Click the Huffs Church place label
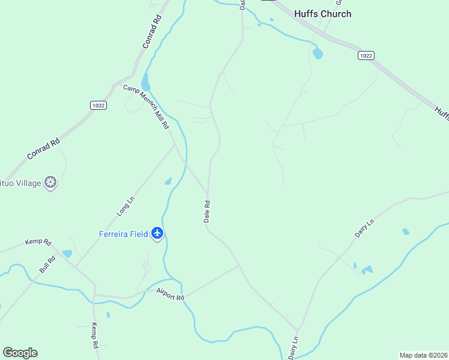pyautogui.click(x=322, y=14)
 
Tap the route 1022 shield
pyautogui.click(x=366, y=55)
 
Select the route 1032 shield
pyautogui.click(x=98, y=105)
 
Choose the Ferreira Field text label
pyautogui.click(x=123, y=234)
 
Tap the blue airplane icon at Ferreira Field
pyautogui.click(x=157, y=232)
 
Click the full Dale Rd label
pyautogui.click(x=207, y=212)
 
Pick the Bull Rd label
pyautogui.click(x=47, y=265)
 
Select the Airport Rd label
pyautogui.click(x=170, y=294)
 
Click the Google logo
pyautogui.click(x=20, y=353)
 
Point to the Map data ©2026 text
pyautogui.click(x=423, y=355)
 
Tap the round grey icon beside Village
pyautogui.click(x=51, y=182)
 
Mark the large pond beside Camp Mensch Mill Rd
pyautogui.click(x=145, y=82)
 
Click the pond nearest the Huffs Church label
pyautogui.click(x=318, y=53)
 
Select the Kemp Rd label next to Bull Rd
pyautogui.click(x=38, y=242)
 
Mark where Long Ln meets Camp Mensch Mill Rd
pyautogui.click(x=175, y=144)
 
